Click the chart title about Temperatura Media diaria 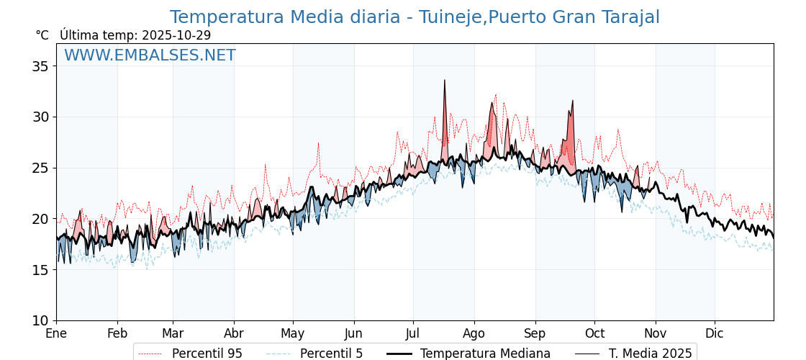pyautogui.click(x=415, y=17)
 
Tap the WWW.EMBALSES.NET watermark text pyautogui.click(x=150, y=55)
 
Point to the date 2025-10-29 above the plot pyautogui.click(x=176, y=35)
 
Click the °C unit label pyautogui.click(x=42, y=35)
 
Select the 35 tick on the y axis pyautogui.click(x=40, y=66)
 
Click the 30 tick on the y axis pyautogui.click(x=40, y=117)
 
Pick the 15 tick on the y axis pyautogui.click(x=40, y=270)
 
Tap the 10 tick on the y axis pyautogui.click(x=40, y=320)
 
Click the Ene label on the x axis pyautogui.click(x=56, y=334)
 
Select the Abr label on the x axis pyautogui.click(x=234, y=334)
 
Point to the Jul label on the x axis pyautogui.click(x=413, y=334)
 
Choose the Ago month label pyautogui.click(x=474, y=334)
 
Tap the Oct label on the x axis pyautogui.click(x=594, y=334)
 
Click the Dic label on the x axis pyautogui.click(x=715, y=334)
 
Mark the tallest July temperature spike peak pyautogui.click(x=445, y=81)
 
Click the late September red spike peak pyautogui.click(x=573, y=101)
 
